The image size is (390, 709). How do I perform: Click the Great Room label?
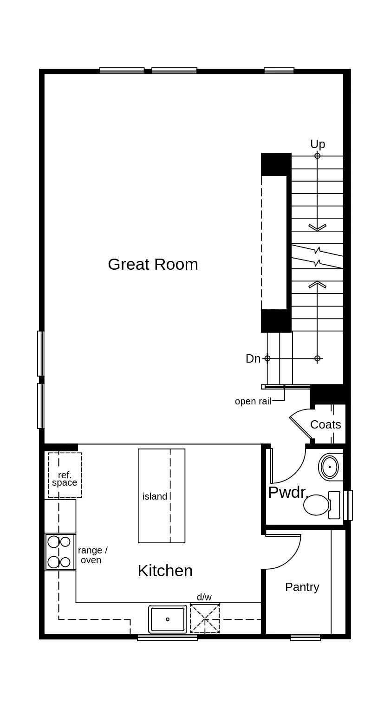(x=153, y=264)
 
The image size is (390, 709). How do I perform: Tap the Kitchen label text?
(x=165, y=571)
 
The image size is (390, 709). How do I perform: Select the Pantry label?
(x=302, y=587)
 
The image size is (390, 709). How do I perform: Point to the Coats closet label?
(x=325, y=424)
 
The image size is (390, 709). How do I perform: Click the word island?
(x=155, y=496)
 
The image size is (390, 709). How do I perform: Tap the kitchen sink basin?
(x=168, y=619)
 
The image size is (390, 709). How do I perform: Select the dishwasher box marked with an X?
(x=205, y=618)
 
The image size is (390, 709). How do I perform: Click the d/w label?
(x=204, y=597)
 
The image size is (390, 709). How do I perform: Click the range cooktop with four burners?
(x=60, y=552)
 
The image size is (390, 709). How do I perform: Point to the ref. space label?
(x=65, y=479)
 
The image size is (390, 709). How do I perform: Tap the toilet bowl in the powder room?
(x=317, y=505)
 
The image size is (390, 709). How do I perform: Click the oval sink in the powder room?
(x=330, y=467)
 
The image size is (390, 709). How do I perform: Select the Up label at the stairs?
(x=318, y=144)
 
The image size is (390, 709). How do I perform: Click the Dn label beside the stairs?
(x=253, y=358)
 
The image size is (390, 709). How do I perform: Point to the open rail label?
(x=253, y=401)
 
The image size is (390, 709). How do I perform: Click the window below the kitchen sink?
(x=167, y=638)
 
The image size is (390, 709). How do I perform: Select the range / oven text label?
(x=92, y=555)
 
